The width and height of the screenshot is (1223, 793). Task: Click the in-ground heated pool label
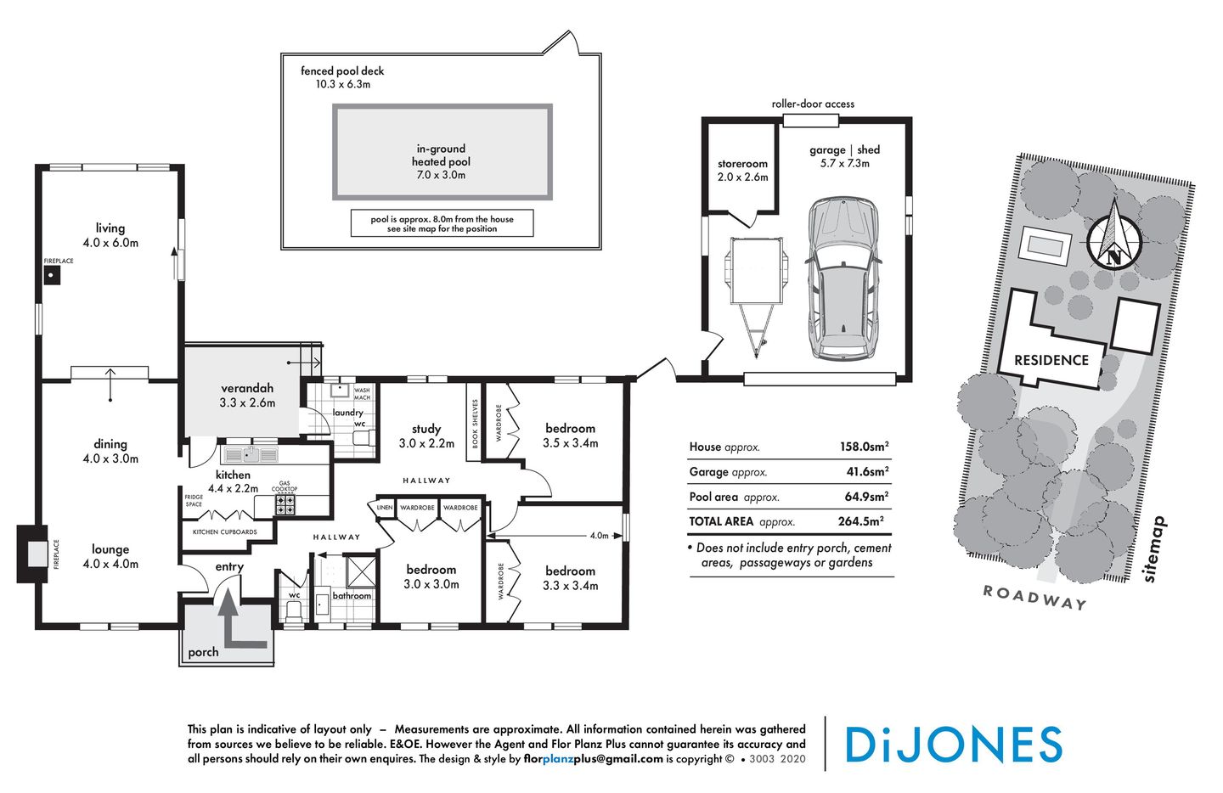(x=441, y=161)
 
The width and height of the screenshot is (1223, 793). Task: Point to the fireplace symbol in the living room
(x=52, y=275)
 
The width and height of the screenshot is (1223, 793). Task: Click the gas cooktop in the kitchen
(x=285, y=505)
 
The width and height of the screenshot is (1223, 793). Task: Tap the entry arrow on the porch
(x=234, y=624)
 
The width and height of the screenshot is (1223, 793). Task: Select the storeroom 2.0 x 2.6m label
(x=742, y=171)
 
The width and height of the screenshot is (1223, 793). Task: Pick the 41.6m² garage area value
(x=867, y=471)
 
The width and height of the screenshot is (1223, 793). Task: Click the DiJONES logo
(x=953, y=745)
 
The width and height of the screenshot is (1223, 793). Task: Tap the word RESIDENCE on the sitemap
(x=1051, y=360)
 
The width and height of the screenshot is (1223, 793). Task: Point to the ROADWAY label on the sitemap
(x=1034, y=597)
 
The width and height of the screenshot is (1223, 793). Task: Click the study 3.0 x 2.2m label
(x=426, y=436)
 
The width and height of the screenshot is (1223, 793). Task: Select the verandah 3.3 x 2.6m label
(x=247, y=395)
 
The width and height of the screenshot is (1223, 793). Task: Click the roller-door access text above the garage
(x=813, y=104)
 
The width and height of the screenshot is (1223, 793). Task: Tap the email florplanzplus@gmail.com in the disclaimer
(x=593, y=759)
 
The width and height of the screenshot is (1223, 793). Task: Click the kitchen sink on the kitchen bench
(x=249, y=455)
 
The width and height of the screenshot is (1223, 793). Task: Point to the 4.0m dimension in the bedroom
(x=599, y=536)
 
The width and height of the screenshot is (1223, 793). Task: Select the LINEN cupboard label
(x=385, y=508)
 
